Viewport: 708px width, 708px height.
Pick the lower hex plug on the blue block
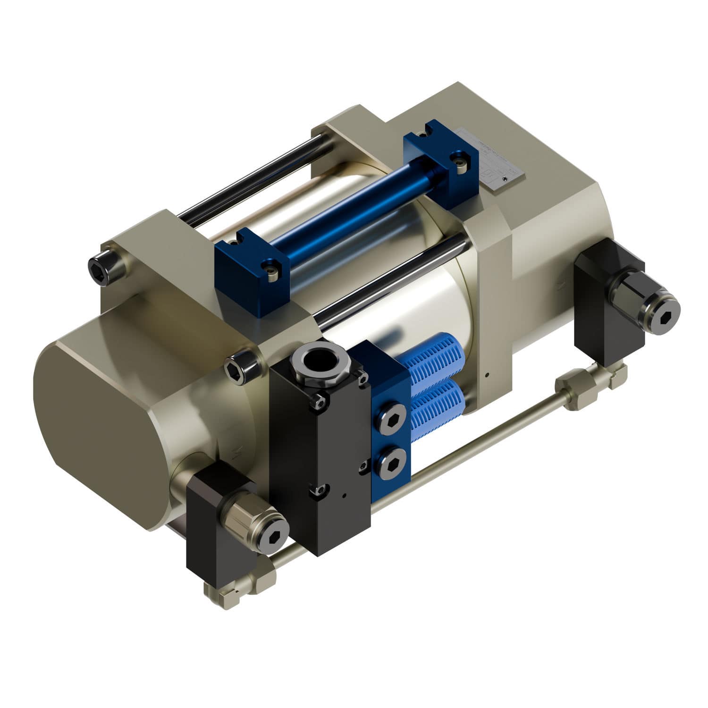click(391, 465)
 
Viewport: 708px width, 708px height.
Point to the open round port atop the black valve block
click(319, 361)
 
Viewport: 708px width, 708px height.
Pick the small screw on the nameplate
click(506, 179)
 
